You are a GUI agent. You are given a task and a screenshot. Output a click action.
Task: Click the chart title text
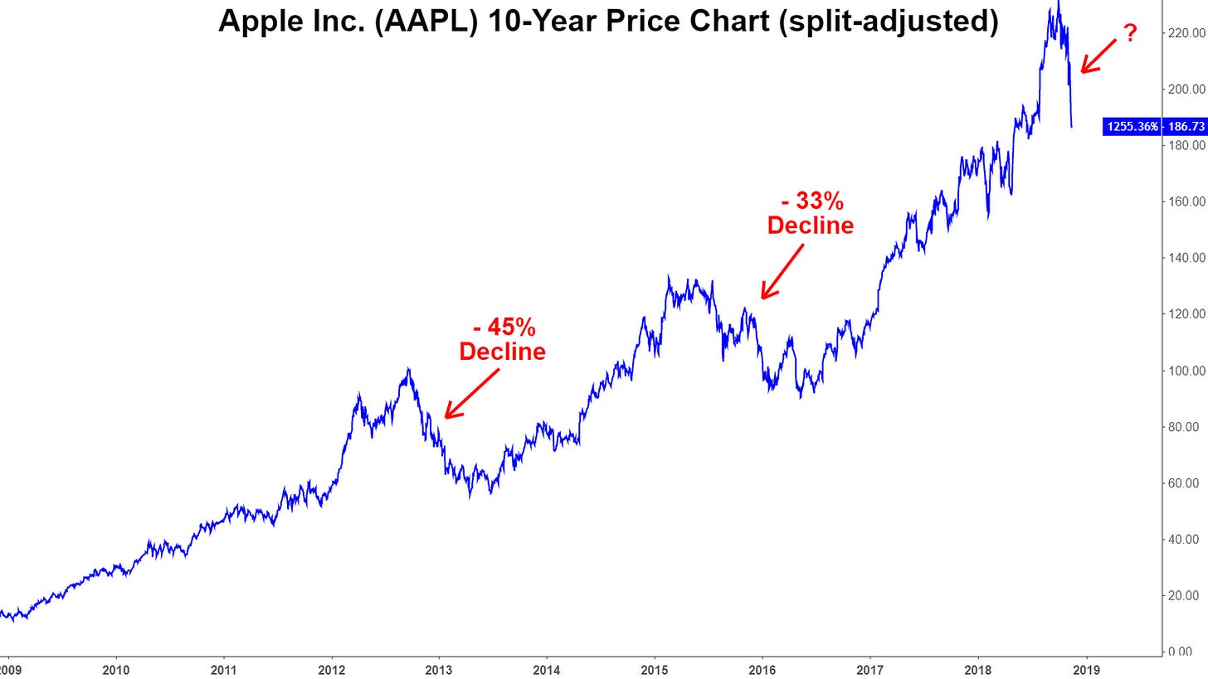click(x=608, y=21)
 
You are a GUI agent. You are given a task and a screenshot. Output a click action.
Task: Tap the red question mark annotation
click(x=1129, y=34)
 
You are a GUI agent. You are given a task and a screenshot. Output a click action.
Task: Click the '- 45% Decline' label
click(x=502, y=340)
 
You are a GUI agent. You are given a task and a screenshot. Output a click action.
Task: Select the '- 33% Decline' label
click(x=810, y=213)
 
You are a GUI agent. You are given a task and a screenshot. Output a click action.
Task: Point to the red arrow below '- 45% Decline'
click(x=471, y=394)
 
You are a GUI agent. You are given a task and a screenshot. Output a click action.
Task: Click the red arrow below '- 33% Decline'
click(x=782, y=270)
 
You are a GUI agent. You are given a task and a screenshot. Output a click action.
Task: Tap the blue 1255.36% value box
click(x=1132, y=127)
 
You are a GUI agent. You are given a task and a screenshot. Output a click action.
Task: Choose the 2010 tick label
click(x=116, y=668)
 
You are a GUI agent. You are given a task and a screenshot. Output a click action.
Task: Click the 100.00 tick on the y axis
click(x=1185, y=370)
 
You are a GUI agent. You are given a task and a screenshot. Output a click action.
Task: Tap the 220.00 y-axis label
click(x=1185, y=33)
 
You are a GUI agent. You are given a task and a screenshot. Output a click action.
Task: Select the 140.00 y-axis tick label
click(x=1185, y=258)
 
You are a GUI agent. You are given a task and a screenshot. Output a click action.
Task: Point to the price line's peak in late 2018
click(x=1058, y=2)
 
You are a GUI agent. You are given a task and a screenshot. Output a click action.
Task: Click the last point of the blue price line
click(x=1072, y=127)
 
